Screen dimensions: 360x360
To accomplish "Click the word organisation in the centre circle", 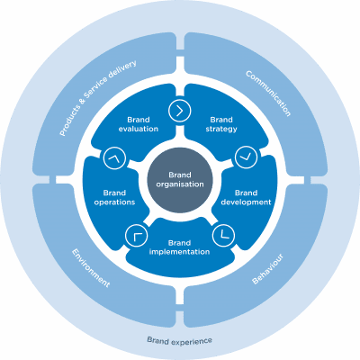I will [179, 184].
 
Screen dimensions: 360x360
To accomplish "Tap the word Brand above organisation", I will [179, 174].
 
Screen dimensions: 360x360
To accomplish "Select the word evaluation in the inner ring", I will [138, 129].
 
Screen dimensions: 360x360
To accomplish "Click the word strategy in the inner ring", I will [221, 129].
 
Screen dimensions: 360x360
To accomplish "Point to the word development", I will [246, 202].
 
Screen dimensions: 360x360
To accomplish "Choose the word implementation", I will [179, 252].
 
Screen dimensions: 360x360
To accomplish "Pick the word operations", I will [113, 202].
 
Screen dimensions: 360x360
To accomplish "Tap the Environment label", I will [91, 268].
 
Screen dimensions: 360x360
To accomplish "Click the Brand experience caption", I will [179, 340].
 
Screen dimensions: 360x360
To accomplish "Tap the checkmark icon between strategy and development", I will [244, 157].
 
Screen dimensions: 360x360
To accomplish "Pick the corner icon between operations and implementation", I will [138, 236].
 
